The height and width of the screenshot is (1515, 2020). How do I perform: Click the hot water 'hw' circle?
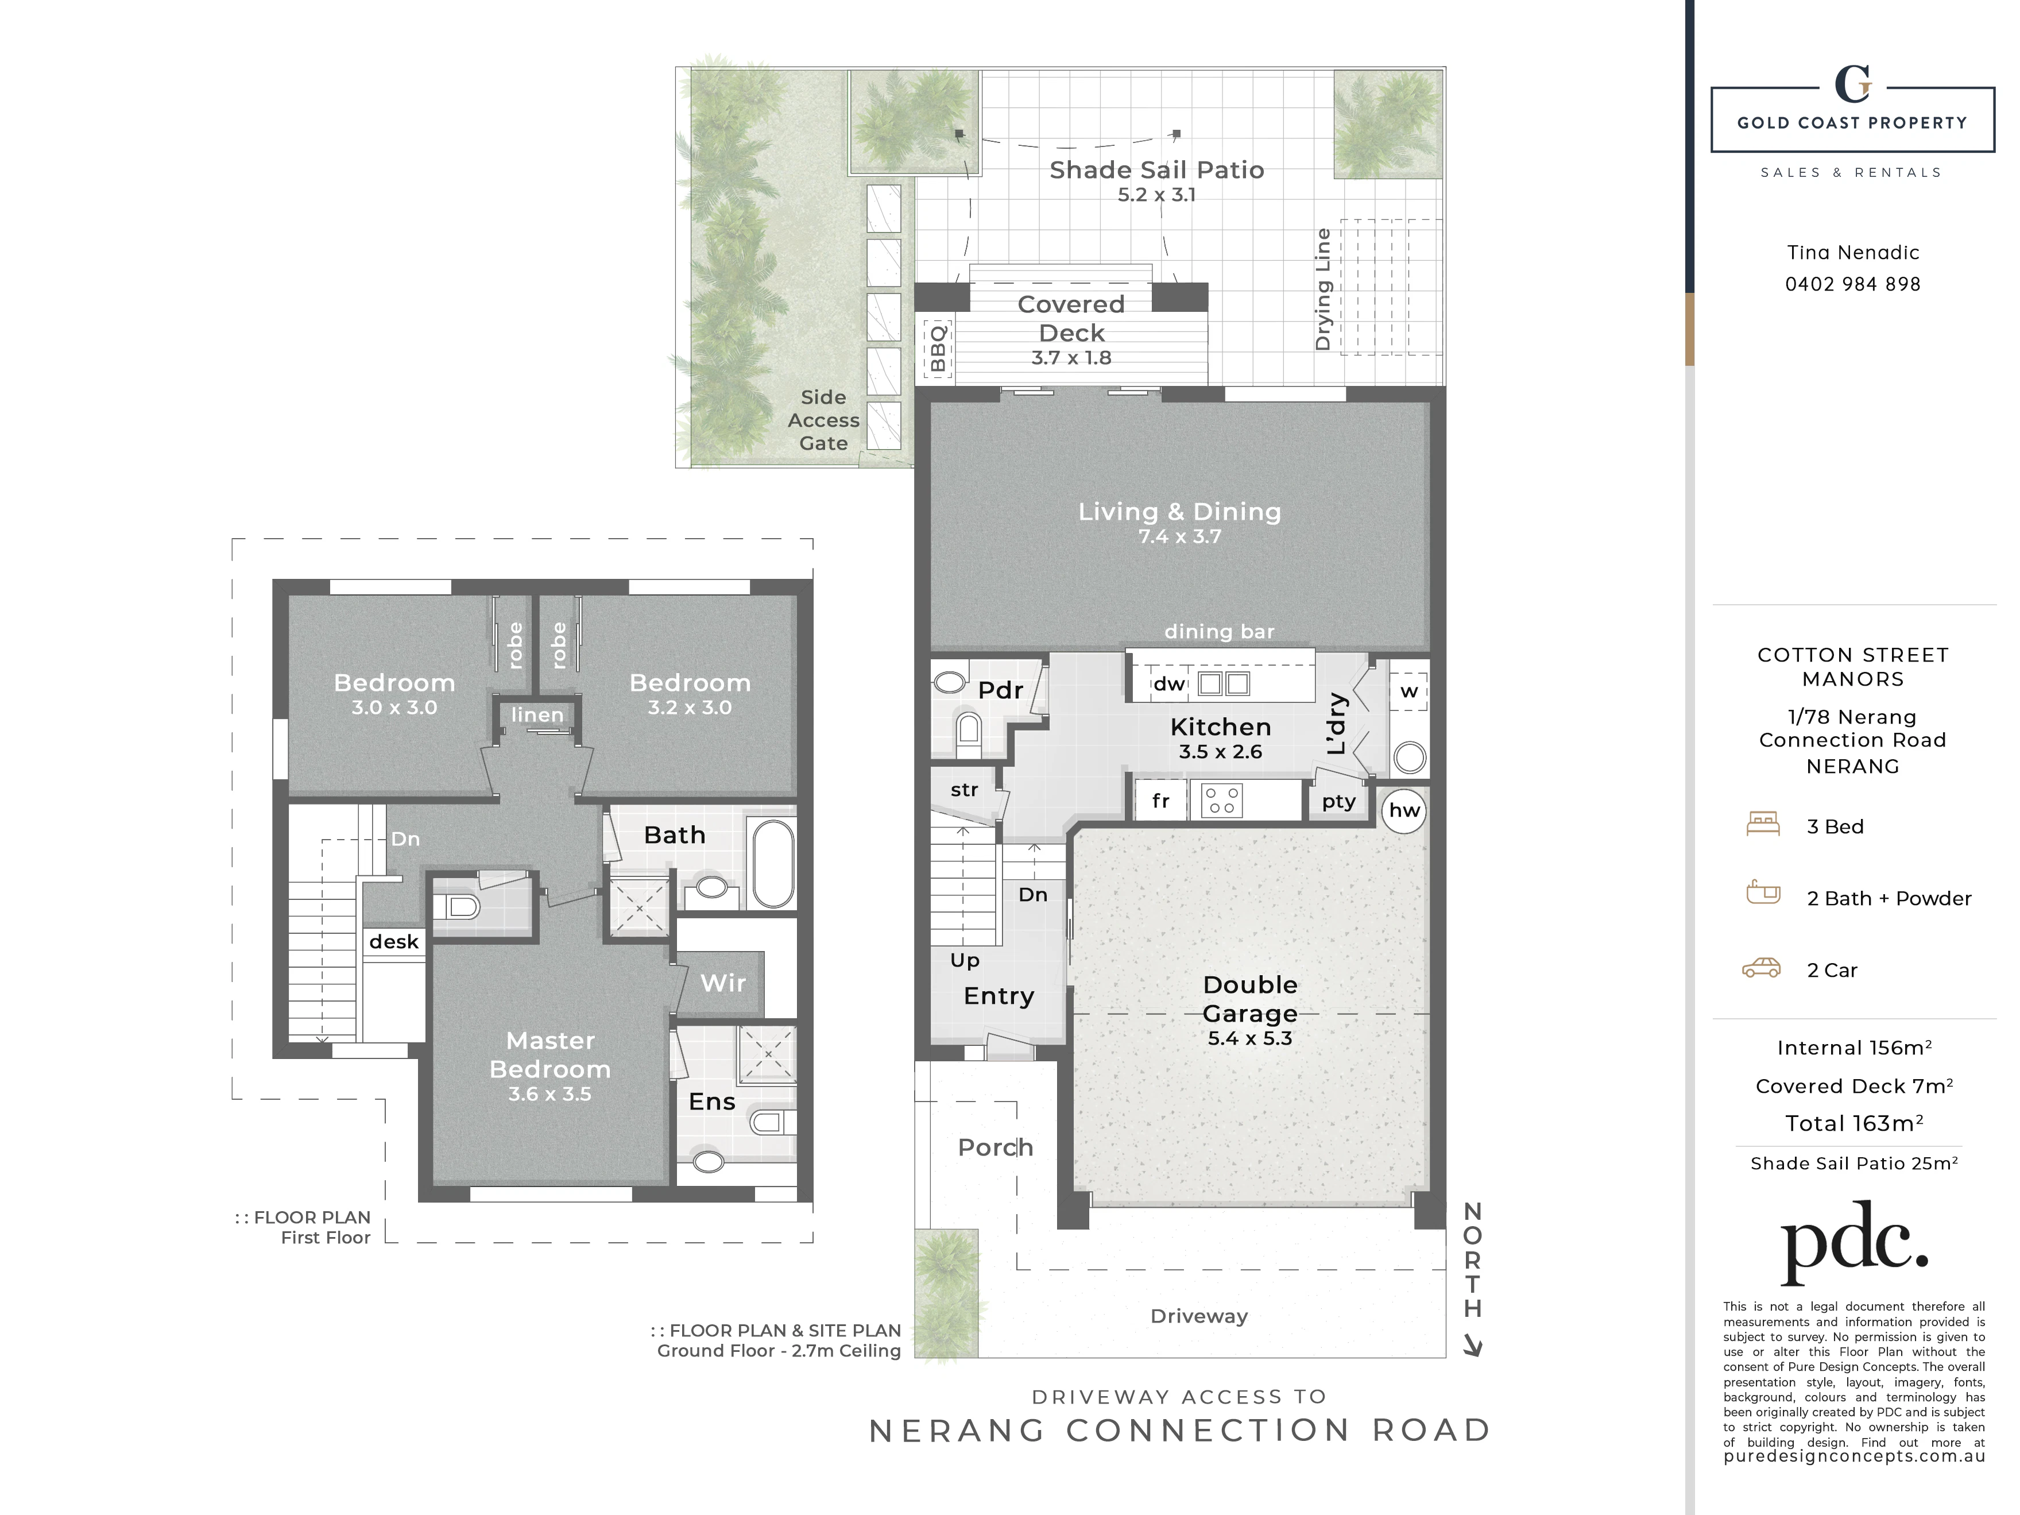coord(1404,810)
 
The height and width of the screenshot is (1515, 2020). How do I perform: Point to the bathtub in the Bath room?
coord(772,862)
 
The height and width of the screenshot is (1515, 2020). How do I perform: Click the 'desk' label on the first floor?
coord(393,941)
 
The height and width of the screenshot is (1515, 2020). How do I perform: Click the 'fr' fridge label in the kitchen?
coord(1160,801)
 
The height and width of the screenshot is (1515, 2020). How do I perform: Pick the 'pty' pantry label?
coord(1339,802)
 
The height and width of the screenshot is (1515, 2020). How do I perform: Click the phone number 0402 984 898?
coord(1853,284)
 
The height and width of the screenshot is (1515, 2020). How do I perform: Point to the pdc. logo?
coord(1854,1242)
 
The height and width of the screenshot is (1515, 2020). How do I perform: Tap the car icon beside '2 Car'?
coord(1762,968)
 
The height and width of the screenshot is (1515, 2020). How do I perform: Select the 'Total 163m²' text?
coord(1854,1123)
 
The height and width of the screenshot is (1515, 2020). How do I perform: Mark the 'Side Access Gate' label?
coord(824,420)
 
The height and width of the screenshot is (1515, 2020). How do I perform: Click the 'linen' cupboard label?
coord(537,715)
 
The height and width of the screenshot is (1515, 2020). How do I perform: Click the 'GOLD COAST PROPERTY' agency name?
coord(1852,122)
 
